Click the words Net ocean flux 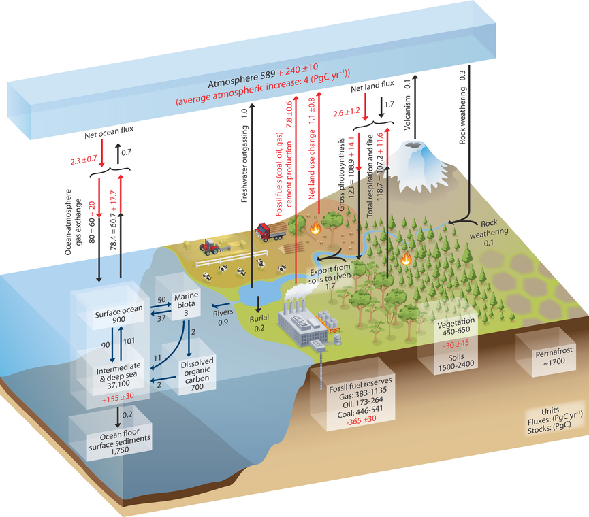click(103, 134)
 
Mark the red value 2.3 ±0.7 click(84, 161)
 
